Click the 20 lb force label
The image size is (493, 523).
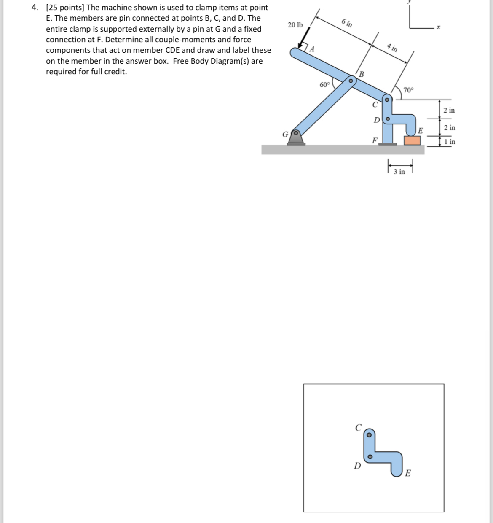295,25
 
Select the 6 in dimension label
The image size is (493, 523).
347,23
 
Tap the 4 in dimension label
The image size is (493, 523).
392,47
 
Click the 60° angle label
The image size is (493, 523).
325,85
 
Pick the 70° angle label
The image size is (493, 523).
409,90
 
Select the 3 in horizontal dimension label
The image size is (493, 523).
399,172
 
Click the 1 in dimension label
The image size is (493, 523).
450,142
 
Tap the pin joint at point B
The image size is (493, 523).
350,81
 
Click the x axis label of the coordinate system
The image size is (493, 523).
438,27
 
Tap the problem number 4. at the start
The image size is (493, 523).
37,8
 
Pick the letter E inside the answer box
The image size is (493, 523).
408,473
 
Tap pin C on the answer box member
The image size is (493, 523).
369,434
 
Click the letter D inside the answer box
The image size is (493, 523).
357,466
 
